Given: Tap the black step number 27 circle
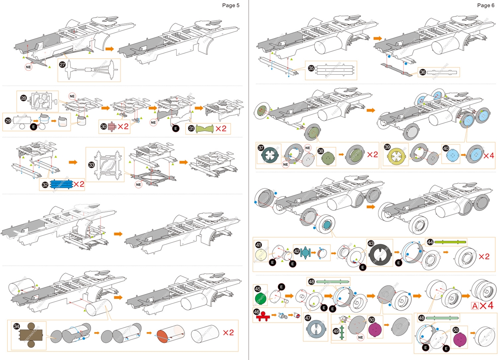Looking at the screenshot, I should [63, 65].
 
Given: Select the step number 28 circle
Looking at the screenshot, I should [24, 98].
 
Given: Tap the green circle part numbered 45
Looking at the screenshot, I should [261, 298].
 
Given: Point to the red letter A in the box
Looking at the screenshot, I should [474, 306].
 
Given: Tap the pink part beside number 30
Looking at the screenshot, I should [112, 126].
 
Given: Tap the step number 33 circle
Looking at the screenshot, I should [92, 165].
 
